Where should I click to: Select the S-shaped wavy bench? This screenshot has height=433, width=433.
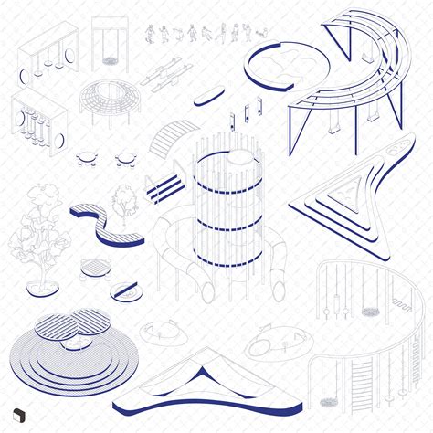click(x=108, y=224)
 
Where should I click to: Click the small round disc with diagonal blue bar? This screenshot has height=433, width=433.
click(x=126, y=292)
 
